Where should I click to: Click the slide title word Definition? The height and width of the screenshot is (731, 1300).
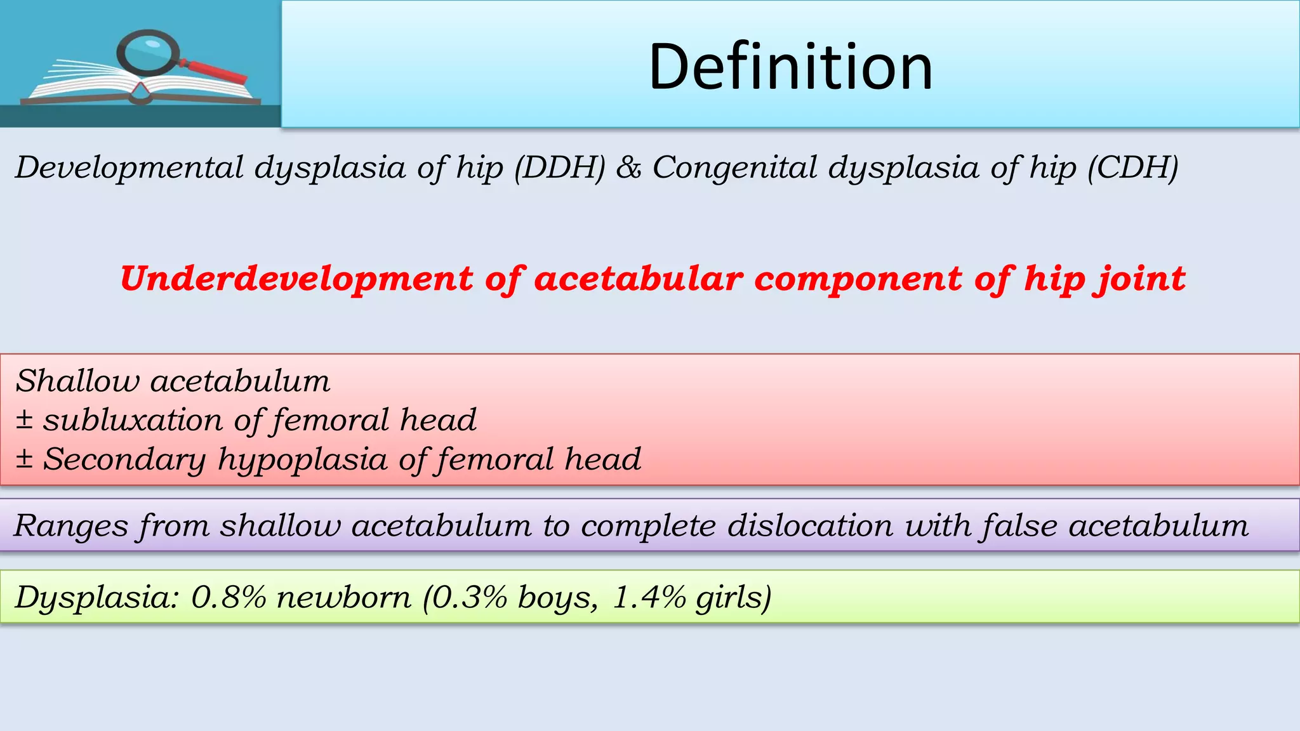pos(790,67)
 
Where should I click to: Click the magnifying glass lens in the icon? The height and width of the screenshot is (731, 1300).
pos(147,51)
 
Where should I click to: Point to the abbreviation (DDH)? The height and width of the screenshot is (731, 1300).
pos(559,168)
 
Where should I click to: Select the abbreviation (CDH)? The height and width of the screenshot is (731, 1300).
pos(1133,168)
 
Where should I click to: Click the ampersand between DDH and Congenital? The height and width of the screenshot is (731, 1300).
pos(628,168)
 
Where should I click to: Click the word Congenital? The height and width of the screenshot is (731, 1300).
pos(734,168)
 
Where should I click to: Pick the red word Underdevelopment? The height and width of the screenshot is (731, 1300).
pos(296,279)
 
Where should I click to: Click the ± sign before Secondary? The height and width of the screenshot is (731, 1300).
pos(24,458)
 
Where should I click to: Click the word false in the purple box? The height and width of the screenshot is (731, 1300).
pos(1018,526)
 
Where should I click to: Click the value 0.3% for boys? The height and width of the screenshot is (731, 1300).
pos(470,597)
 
